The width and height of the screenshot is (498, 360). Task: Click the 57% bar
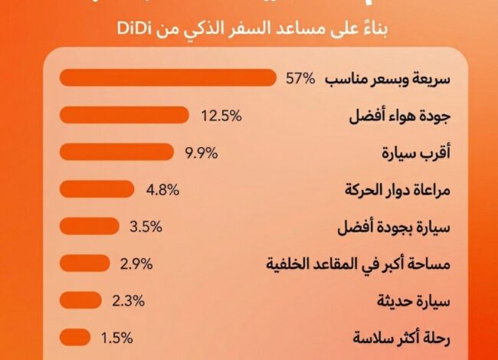167,78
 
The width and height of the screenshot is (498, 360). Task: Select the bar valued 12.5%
123,115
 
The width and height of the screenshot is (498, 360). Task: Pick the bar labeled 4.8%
97,188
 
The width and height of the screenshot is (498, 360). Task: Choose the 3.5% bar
89,226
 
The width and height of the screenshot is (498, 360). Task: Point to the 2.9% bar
84,263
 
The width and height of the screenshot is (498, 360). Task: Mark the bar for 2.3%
80,300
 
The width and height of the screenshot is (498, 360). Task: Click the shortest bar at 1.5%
75,337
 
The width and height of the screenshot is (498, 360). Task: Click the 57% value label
300,79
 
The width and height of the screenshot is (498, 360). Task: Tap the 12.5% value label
221,116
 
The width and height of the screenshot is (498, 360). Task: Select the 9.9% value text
202,152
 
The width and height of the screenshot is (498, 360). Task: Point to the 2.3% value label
128,301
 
